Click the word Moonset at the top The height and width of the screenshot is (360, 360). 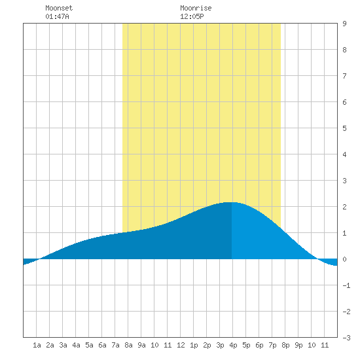59,8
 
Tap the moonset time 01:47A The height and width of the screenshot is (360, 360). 57,16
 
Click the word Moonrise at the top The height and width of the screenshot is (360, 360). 196,8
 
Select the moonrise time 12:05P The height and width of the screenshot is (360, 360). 192,16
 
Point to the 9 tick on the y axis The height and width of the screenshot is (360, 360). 344,24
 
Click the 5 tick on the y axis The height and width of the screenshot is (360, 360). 344,128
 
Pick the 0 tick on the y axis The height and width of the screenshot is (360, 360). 344,259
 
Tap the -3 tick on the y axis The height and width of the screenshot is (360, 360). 346,338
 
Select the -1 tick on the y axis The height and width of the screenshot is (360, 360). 346,285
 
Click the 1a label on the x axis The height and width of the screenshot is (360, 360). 37,345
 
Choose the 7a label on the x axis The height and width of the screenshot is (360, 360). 115,345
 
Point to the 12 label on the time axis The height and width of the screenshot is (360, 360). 181,345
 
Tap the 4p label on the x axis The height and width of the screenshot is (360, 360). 233,345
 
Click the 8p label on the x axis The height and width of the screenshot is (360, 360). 285,345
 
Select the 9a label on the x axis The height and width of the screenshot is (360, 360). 141,345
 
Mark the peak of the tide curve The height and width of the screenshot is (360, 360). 230,202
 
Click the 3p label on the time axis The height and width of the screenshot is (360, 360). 220,345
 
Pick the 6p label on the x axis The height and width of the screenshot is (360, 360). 259,345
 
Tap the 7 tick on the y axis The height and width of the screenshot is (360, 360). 344,76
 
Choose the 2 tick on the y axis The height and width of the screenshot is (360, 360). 344,207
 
